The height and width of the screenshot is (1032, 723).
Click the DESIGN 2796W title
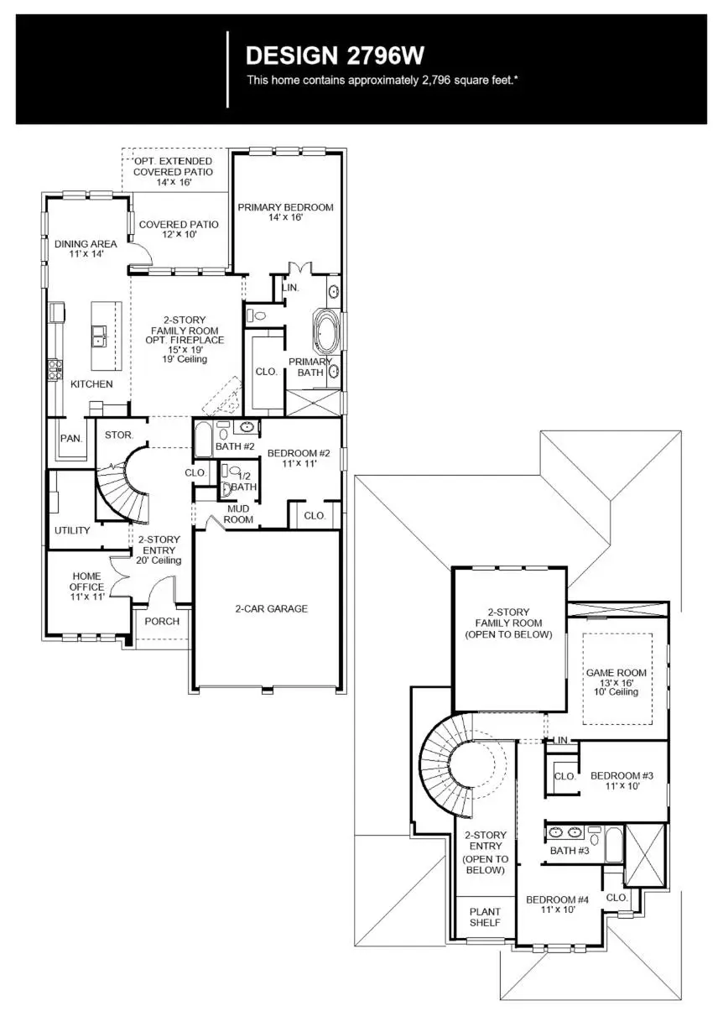click(x=335, y=56)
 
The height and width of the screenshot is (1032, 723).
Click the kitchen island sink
click(x=100, y=336)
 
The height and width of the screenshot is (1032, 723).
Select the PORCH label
click(x=162, y=622)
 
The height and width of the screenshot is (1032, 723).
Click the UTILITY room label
click(x=72, y=530)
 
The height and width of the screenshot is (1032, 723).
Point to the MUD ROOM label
click(x=238, y=513)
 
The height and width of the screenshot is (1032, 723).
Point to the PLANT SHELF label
click(x=485, y=917)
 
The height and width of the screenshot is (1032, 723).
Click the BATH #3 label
click(x=570, y=851)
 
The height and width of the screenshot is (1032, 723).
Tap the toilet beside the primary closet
click(x=257, y=316)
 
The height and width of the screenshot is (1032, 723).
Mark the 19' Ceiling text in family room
click(x=185, y=359)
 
